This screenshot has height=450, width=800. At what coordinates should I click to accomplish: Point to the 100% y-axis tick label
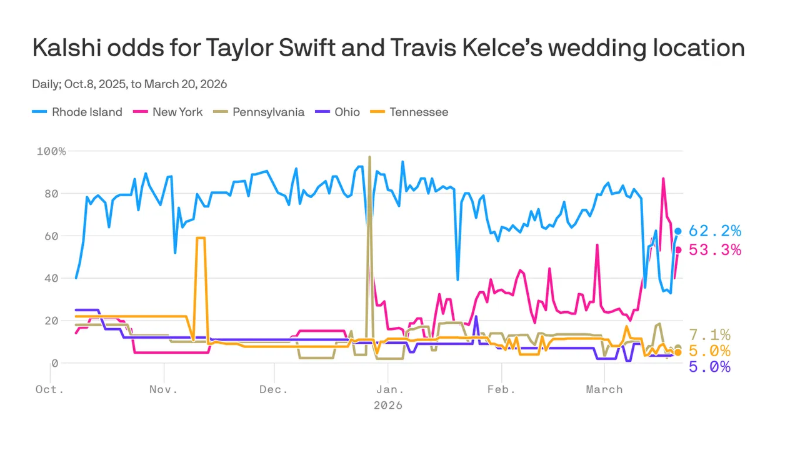point(51,152)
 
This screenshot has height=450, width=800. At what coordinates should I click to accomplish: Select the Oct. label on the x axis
point(50,389)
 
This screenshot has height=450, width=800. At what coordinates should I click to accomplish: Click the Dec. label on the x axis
point(273,389)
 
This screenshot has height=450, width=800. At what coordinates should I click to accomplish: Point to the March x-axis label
point(604,389)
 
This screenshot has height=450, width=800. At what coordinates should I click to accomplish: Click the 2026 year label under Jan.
point(387,406)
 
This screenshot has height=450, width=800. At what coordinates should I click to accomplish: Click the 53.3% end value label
point(714,250)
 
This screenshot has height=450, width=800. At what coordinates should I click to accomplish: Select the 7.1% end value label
point(709,335)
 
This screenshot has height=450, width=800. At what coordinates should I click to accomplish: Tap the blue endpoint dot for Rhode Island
point(678,231)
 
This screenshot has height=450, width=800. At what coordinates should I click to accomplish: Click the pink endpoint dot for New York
point(678,250)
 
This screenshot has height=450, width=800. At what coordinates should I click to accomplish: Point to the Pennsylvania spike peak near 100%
point(370,157)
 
